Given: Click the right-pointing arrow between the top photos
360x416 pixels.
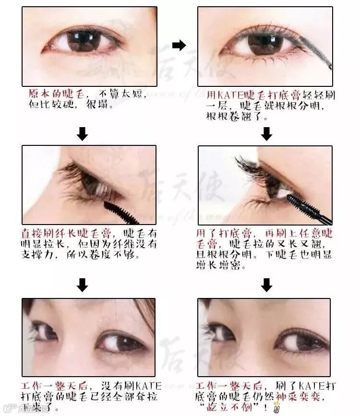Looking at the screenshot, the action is (179, 45).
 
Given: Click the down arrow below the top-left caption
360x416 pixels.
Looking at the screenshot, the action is (82, 134).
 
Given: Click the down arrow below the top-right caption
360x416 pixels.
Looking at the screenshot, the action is (266, 134).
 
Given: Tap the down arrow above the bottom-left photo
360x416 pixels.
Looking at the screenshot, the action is (82, 285).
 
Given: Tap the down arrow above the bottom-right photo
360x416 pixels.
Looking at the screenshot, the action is (266, 285).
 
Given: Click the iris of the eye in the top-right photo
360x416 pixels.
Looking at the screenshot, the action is (265, 44).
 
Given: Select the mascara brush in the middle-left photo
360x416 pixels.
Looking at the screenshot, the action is (121, 212).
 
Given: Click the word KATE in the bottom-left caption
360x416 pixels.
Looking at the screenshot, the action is (149, 385).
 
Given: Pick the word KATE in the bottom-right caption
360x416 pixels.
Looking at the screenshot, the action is (312, 385).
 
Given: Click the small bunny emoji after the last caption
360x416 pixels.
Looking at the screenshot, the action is (276, 407).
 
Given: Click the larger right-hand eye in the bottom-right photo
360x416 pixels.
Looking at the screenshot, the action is (301, 341).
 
